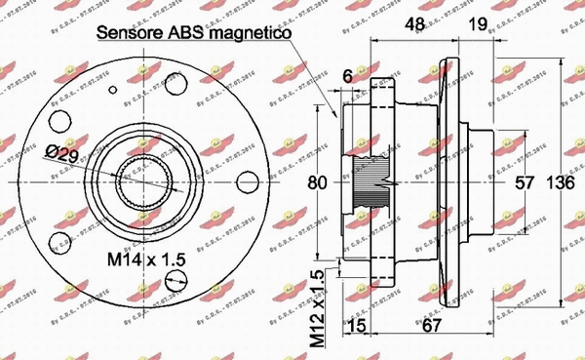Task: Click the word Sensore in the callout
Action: point(130,35)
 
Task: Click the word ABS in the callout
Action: point(186,35)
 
